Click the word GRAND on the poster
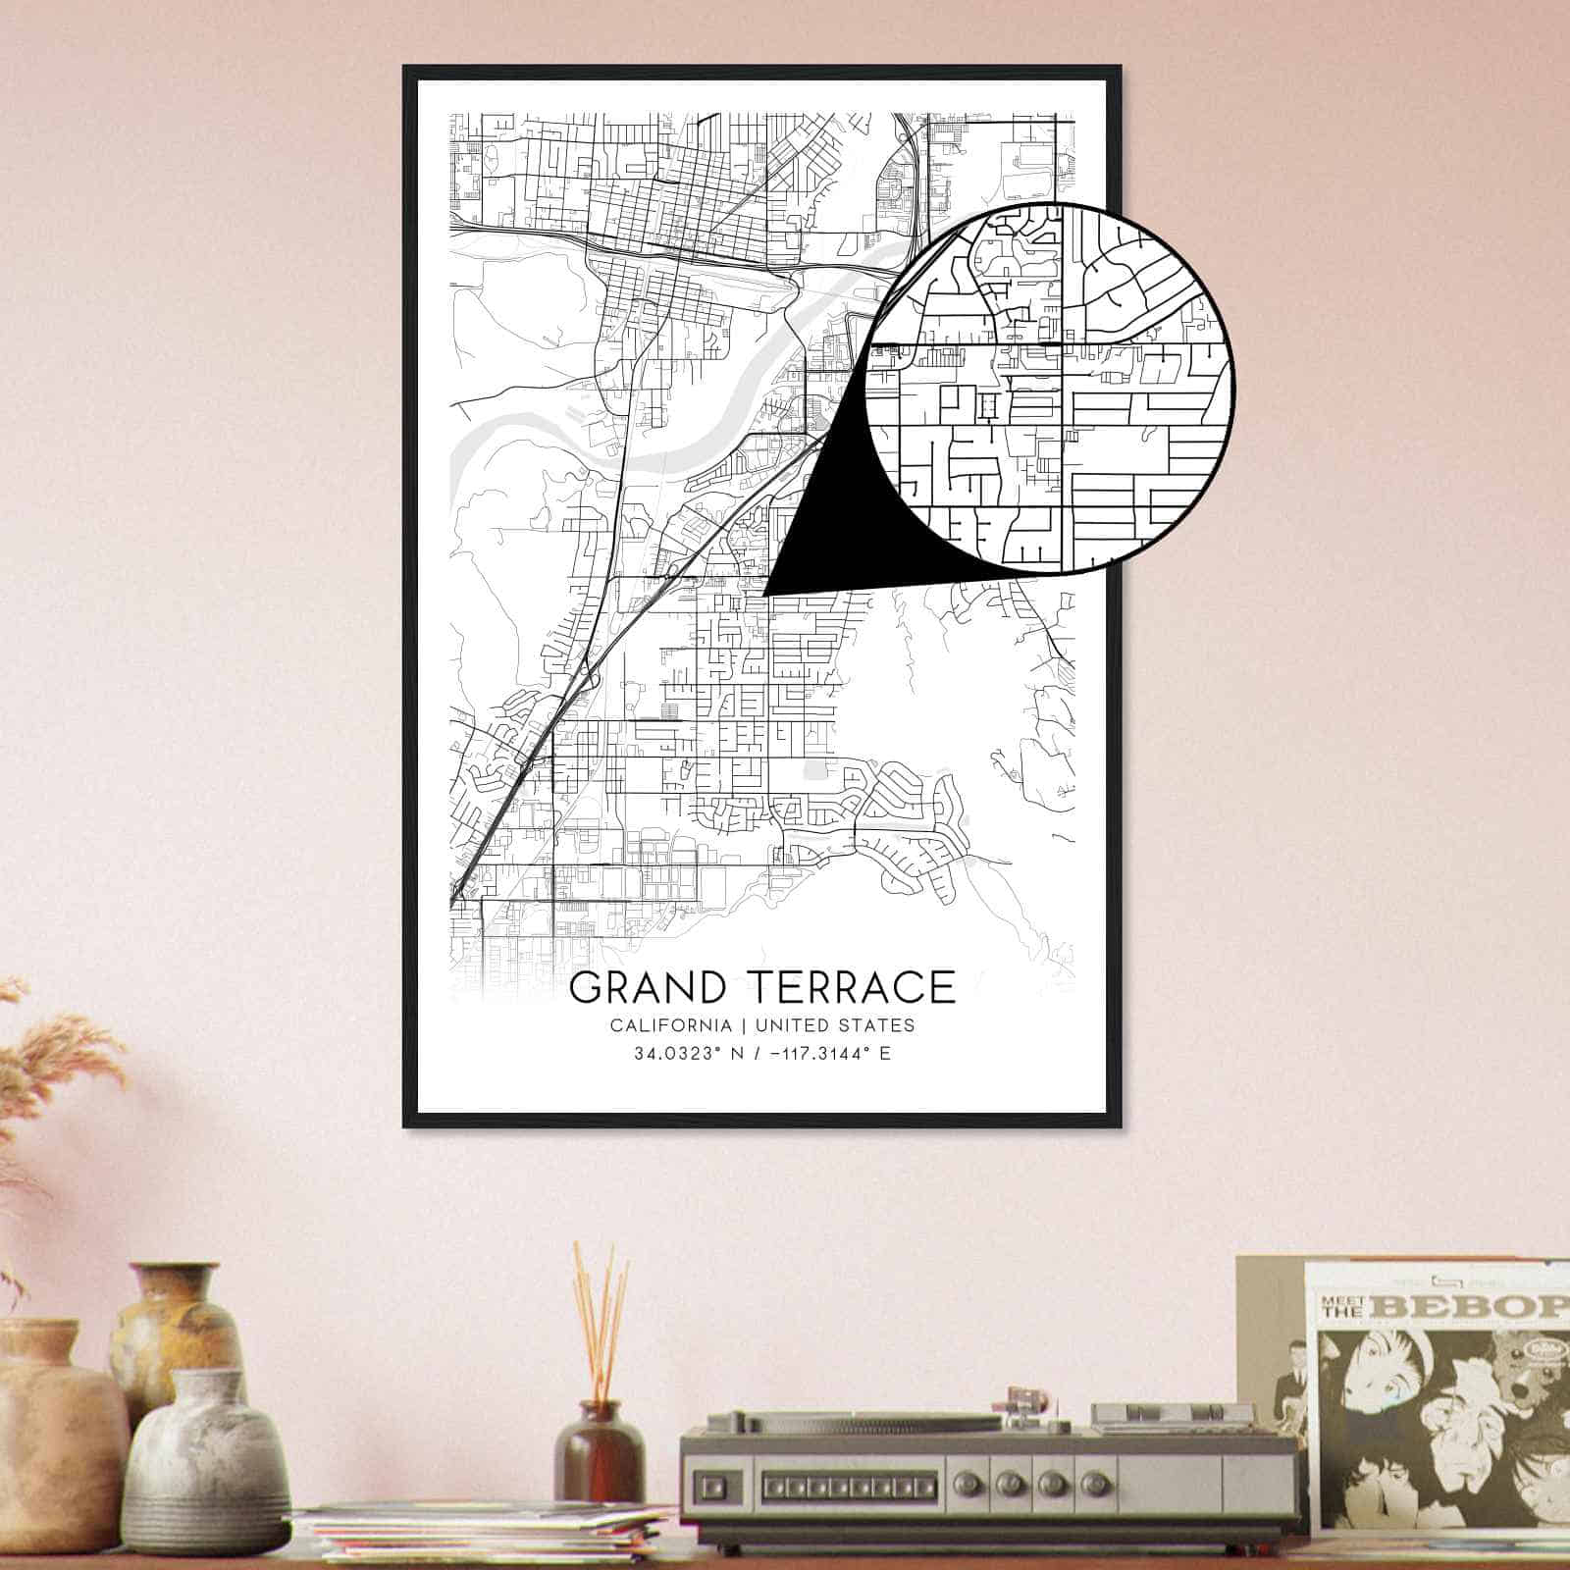pyautogui.click(x=651, y=987)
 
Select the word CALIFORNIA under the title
pyautogui.click(x=670, y=1025)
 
